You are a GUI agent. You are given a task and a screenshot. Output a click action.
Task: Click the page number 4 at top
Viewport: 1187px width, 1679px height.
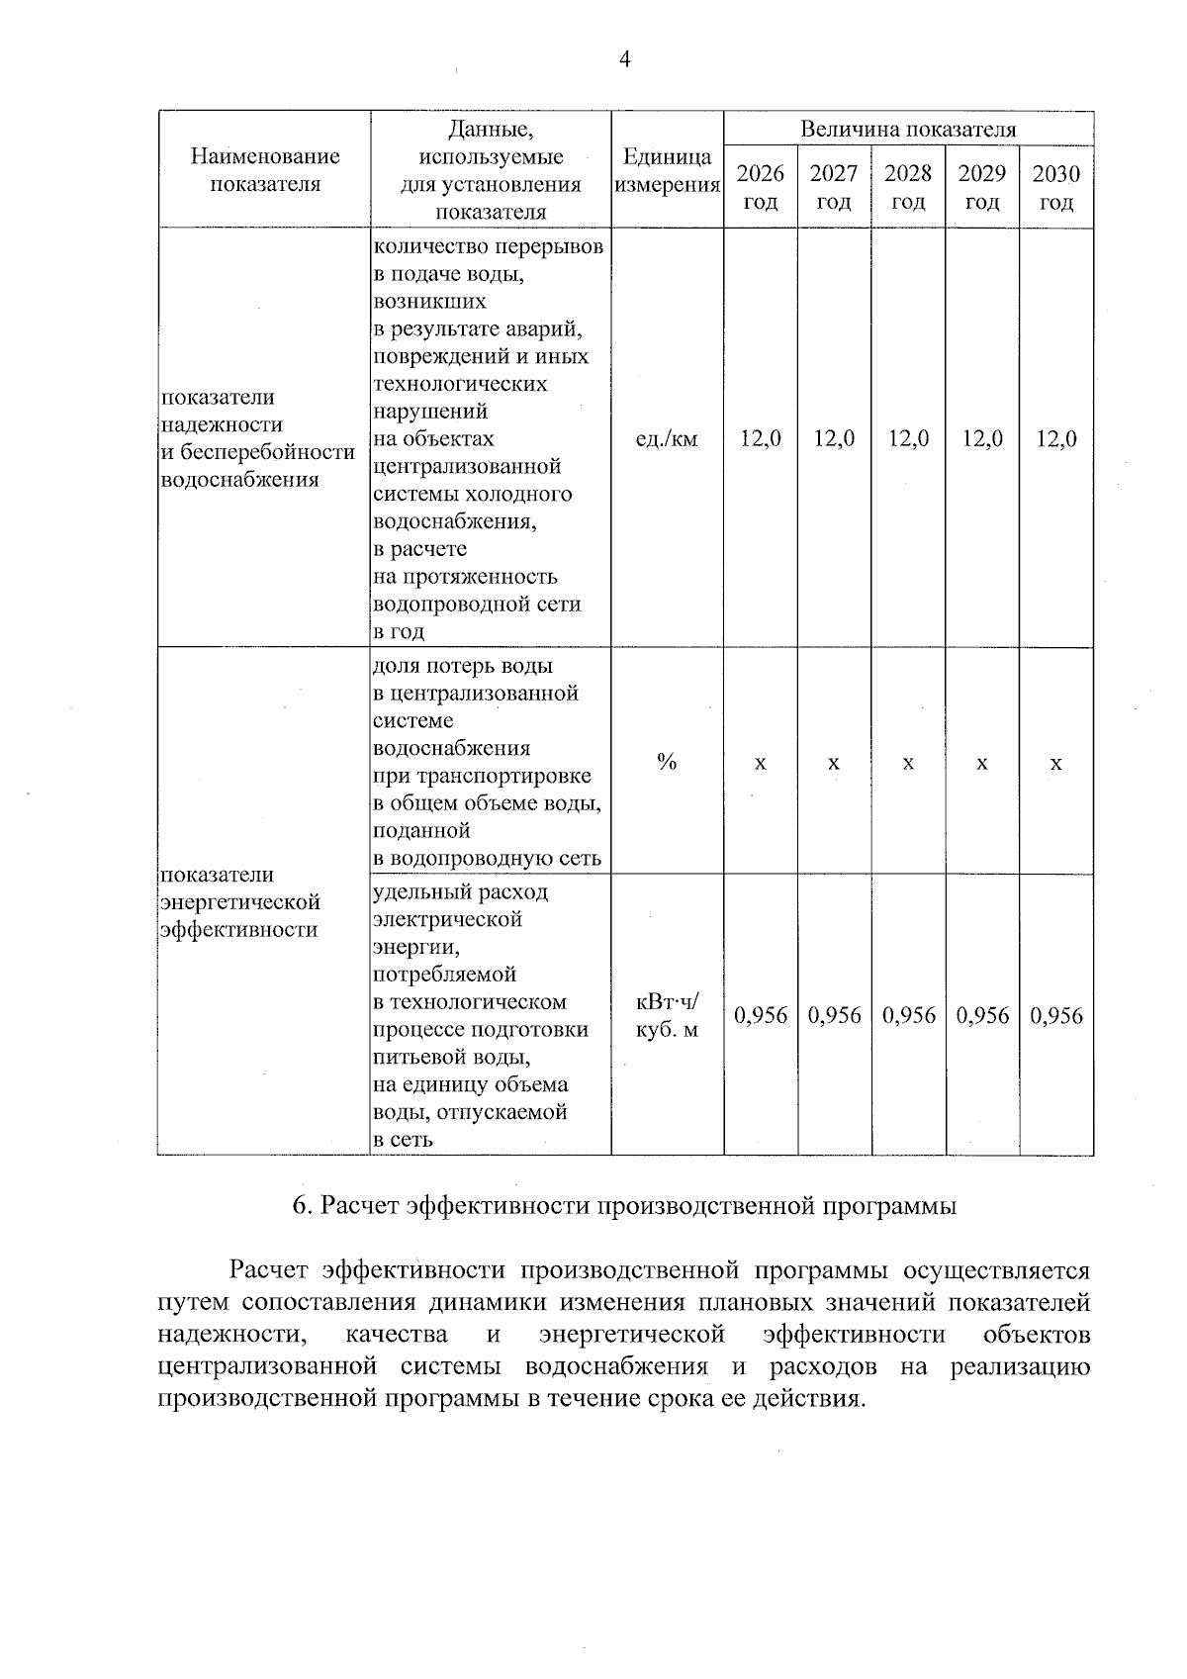pos(624,59)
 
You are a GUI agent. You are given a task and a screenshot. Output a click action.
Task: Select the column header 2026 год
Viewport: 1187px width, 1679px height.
pos(761,188)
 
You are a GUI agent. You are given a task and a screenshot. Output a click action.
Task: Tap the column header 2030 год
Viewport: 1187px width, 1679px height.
pos(1056,188)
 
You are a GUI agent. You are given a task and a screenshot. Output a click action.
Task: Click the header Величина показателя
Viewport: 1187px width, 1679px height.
pos(908,130)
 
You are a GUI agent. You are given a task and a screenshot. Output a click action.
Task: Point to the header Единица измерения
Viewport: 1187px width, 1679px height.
pos(667,171)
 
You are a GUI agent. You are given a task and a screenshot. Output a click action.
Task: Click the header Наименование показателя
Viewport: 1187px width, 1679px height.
pos(265,170)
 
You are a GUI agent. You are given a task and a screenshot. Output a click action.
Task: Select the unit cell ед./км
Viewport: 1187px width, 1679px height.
pos(667,439)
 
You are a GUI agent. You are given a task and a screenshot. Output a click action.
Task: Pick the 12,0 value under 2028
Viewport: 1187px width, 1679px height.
pos(908,439)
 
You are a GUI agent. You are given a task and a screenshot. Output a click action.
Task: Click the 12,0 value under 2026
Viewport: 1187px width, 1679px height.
pos(761,439)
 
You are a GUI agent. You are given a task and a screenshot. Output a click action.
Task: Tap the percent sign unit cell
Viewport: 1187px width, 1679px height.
pos(667,762)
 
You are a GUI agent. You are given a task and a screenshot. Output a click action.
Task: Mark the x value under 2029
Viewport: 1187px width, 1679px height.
pos(982,763)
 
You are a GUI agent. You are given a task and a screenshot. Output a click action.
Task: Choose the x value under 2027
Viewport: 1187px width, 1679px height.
pos(834,763)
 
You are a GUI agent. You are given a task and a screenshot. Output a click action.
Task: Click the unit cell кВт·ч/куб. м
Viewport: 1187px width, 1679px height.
pos(667,1016)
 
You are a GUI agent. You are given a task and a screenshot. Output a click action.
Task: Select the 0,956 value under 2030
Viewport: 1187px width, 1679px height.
pos(1056,1016)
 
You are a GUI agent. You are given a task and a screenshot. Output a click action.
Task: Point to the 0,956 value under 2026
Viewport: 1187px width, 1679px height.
pos(761,1016)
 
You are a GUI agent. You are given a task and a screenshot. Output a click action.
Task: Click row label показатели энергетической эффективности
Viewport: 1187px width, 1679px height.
pos(240,902)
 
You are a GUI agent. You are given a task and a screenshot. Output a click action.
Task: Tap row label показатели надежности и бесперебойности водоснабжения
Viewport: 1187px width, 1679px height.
pos(257,438)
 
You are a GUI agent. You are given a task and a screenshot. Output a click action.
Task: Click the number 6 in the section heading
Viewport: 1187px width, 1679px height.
pos(301,1206)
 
